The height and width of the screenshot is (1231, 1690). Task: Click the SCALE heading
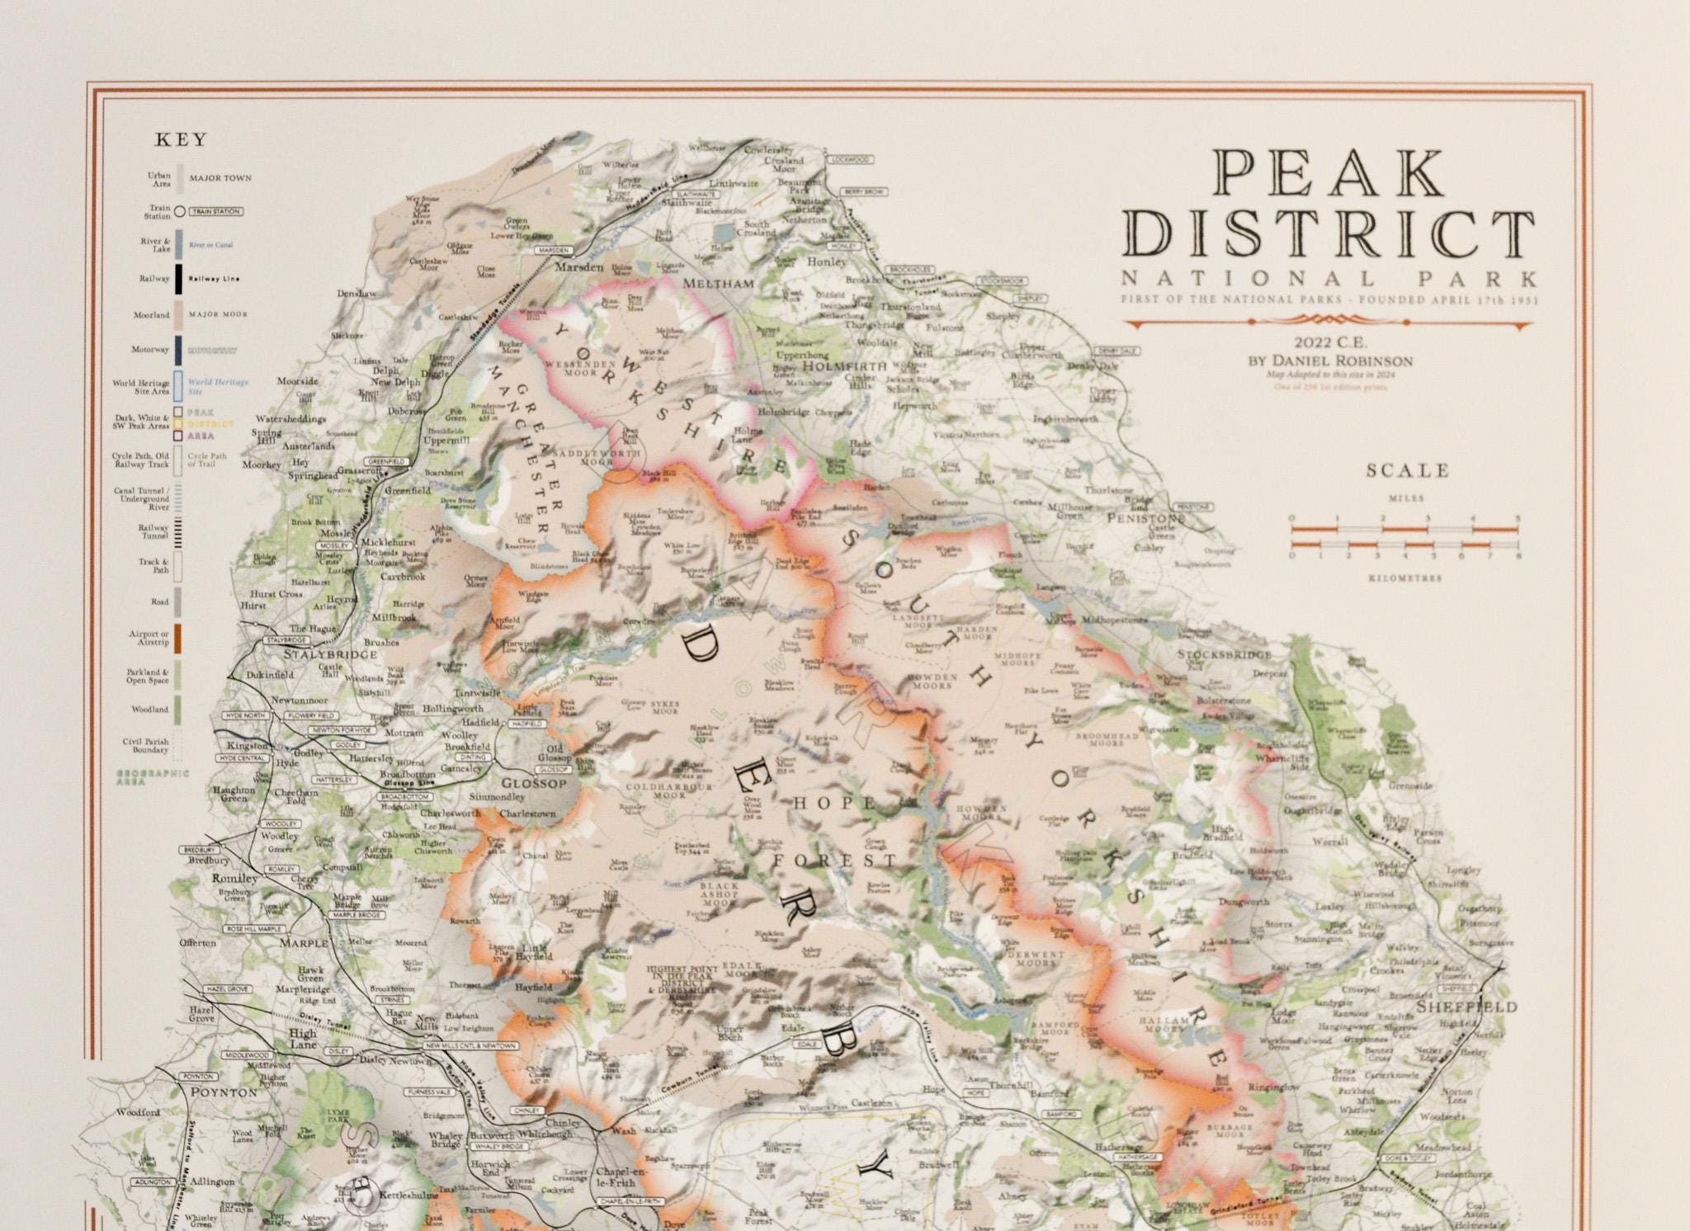(x=1408, y=471)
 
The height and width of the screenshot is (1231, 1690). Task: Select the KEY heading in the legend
(x=181, y=140)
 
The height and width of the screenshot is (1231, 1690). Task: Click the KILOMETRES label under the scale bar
(x=1405, y=578)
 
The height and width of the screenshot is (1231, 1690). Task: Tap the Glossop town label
(x=534, y=783)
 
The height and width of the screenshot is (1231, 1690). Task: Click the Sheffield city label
(x=1466, y=1007)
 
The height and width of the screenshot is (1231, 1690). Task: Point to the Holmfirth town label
(x=844, y=366)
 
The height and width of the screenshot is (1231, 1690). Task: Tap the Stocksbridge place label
(x=1225, y=654)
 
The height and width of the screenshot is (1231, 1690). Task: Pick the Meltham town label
(x=718, y=284)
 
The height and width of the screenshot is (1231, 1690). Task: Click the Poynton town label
(x=224, y=1092)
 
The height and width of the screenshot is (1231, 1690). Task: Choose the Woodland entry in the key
(x=149, y=710)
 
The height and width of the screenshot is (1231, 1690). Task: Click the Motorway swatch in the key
(x=177, y=351)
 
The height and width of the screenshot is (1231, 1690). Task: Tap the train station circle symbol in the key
(x=179, y=212)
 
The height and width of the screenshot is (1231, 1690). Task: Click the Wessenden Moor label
(x=580, y=367)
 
